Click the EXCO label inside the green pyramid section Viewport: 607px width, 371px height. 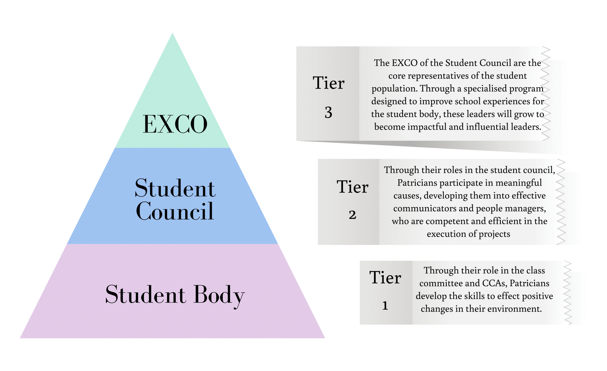[x=175, y=124]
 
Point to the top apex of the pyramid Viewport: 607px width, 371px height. [x=172, y=33]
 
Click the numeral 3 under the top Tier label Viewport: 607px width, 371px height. [x=328, y=112]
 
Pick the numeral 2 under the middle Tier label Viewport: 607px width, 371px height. [x=352, y=215]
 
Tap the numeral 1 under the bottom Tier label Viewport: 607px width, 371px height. [x=385, y=305]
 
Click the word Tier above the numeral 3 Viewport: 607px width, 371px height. [x=329, y=83]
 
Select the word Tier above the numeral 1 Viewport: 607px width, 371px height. [x=385, y=277]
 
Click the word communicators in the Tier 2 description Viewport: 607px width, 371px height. [x=425, y=208]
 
